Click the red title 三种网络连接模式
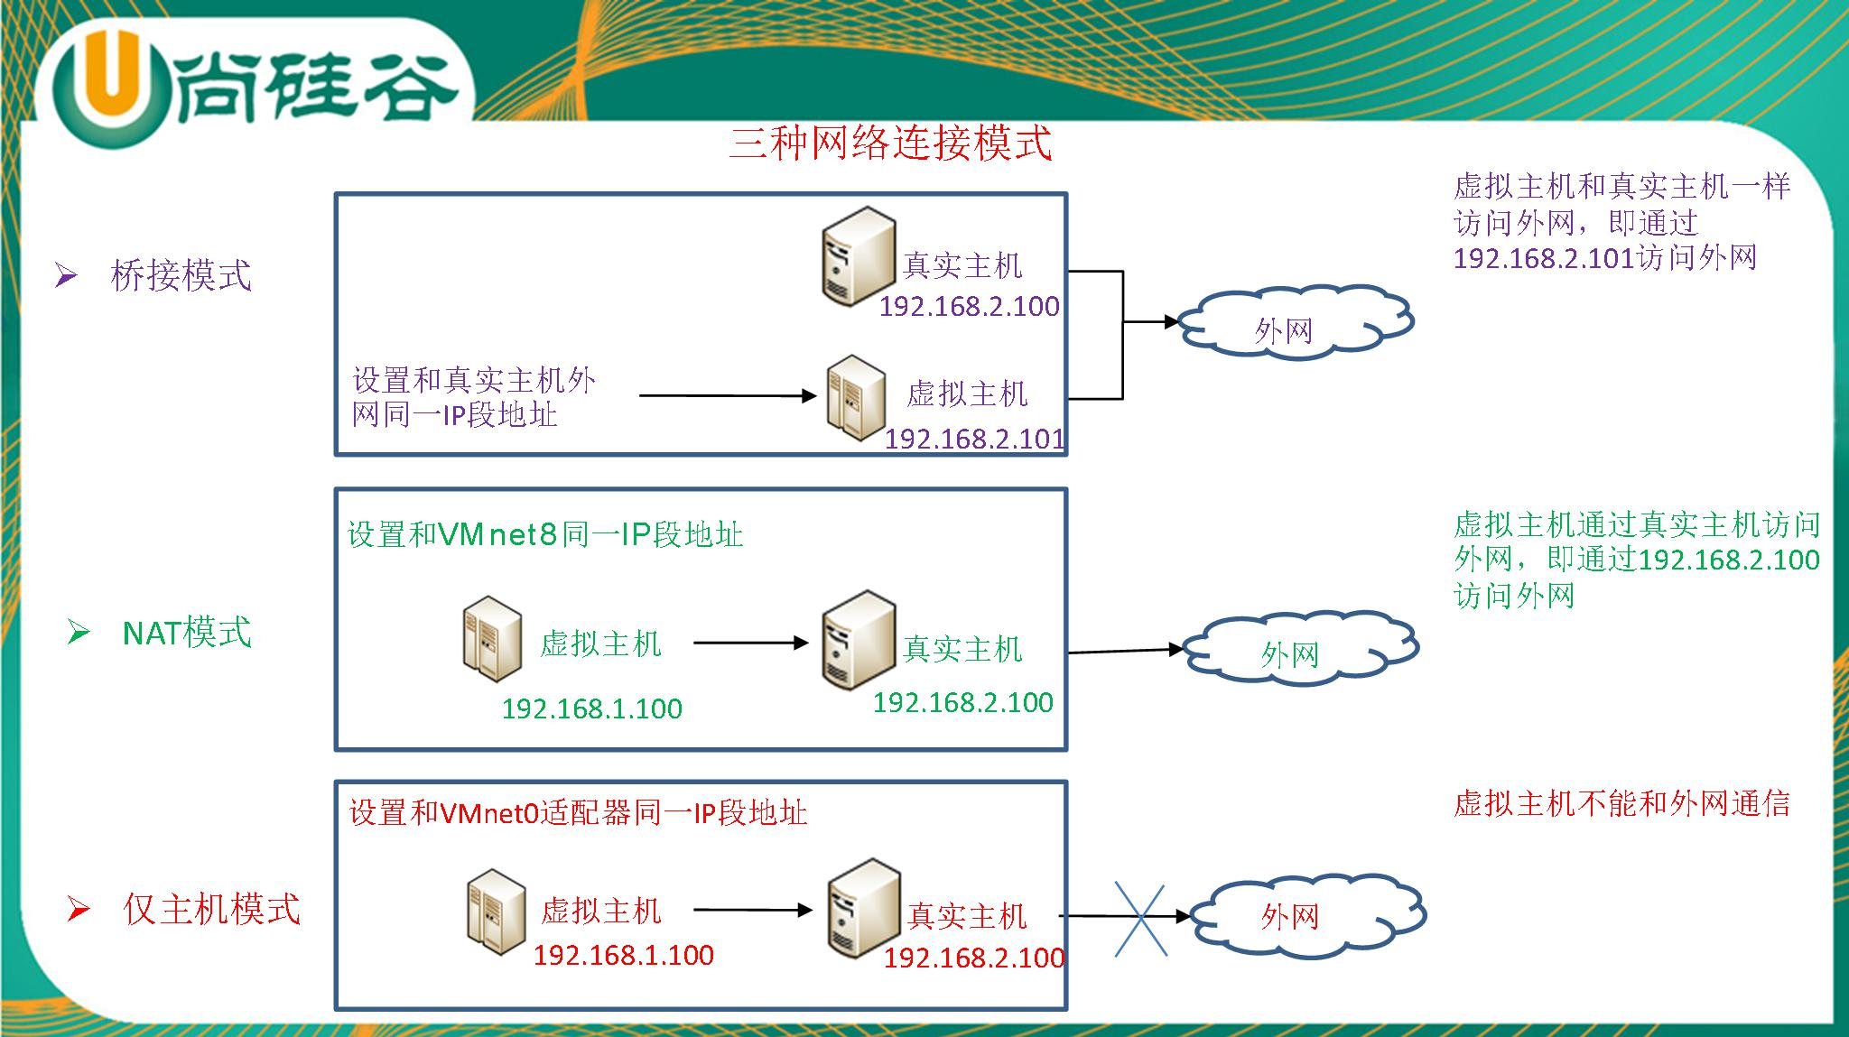[x=890, y=144]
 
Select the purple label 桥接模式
[x=181, y=275]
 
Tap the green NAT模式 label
[x=187, y=633]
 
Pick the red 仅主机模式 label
[x=211, y=909]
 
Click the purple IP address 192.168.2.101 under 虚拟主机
[x=974, y=439]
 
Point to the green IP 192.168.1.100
[x=592, y=708]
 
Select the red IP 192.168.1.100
[x=624, y=955]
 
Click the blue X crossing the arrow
[x=1140, y=917]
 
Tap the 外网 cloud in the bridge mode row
[x=1294, y=323]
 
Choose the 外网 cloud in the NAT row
[x=1299, y=647]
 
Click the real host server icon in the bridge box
[x=859, y=256]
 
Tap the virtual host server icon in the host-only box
[x=497, y=912]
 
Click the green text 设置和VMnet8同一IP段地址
[x=545, y=534]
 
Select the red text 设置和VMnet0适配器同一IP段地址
[x=578, y=812]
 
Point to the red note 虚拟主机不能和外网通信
[x=1621, y=803]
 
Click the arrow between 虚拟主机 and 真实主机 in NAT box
[x=750, y=643]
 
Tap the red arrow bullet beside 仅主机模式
[x=79, y=910]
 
